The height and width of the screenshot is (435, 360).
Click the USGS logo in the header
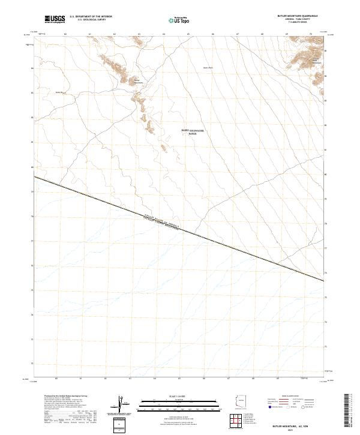[53, 20]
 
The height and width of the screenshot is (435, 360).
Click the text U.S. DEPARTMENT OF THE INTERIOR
[91, 17]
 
